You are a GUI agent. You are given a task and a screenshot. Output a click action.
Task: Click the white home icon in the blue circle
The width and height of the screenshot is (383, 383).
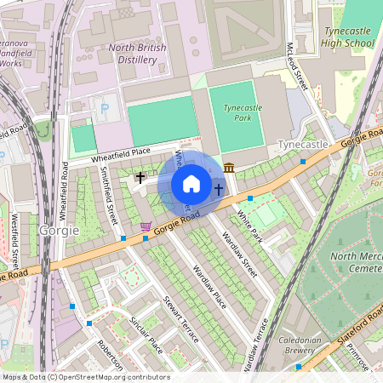click(x=191, y=184)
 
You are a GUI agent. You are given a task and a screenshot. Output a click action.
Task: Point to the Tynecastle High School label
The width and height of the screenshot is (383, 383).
click(x=348, y=37)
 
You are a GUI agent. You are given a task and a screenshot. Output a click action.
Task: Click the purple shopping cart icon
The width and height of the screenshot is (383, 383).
click(x=146, y=226)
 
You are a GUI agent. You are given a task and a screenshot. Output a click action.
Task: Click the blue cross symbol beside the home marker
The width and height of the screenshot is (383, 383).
click(x=219, y=189)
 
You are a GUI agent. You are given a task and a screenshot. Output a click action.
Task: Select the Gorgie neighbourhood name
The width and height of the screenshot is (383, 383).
click(x=59, y=231)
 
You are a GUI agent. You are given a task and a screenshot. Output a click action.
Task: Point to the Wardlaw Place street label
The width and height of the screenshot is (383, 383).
click(x=209, y=286)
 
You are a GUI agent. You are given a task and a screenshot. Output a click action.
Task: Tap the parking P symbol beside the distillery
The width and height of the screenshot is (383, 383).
click(x=105, y=108)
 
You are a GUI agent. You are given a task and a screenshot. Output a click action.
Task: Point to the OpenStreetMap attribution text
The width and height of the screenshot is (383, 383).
click(x=85, y=377)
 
